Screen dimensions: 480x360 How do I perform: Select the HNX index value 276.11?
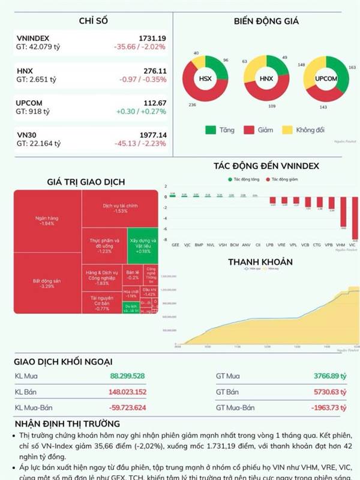[154, 70]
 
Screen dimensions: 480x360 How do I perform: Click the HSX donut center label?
[205, 79]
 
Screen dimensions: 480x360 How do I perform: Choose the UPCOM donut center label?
[325, 79]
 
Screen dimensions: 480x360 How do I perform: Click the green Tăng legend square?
[211, 130]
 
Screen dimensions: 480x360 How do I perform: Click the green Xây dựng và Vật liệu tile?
[142, 245]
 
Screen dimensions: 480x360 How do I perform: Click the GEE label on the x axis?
[175, 245]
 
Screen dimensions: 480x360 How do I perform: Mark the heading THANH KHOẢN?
[260, 262]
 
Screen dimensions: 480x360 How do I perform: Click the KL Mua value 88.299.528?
[128, 376]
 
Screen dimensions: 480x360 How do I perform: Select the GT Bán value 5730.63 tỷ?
[330, 392]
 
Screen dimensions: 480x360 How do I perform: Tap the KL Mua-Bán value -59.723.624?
[127, 407]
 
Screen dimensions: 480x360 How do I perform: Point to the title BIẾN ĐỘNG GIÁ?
[266, 22]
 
